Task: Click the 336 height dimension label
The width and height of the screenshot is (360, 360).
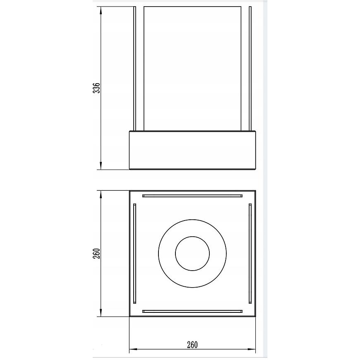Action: (98, 88)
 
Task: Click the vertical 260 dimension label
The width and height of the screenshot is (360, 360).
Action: (98, 254)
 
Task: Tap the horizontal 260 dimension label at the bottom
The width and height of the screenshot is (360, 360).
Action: (192, 345)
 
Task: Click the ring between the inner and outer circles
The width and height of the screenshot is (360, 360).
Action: (167, 254)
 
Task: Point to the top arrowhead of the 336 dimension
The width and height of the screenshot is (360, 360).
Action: (101, 11)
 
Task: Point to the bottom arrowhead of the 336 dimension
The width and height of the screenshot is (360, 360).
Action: (101, 165)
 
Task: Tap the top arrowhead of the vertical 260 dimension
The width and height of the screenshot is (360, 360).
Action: (101, 195)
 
